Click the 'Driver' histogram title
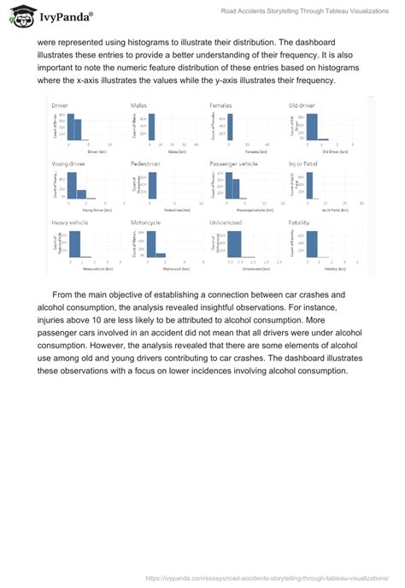tap(60, 105)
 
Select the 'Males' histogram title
tap(138, 105)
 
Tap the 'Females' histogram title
tap(220, 105)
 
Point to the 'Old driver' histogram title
tap(304, 105)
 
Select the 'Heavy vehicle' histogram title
tap(68, 223)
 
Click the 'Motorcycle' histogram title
tap(145, 223)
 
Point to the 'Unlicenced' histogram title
tap(226, 223)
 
